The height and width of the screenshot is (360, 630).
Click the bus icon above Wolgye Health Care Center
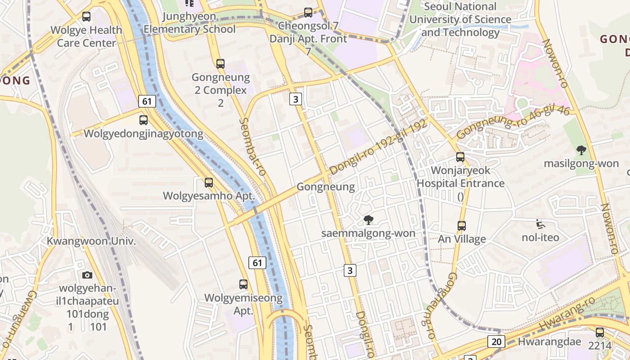pos(86,17)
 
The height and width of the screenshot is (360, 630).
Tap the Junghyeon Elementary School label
pos(189,23)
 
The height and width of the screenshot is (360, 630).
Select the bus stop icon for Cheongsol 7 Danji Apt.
pos(308,13)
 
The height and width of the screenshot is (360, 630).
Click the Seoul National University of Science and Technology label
pos(460,19)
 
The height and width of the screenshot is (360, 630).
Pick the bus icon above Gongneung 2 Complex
pos(220,64)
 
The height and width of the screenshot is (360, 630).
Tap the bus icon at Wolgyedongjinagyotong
pos(143,120)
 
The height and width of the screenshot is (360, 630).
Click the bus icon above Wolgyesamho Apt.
pos(208,183)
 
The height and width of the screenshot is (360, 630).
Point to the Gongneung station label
pos(326,187)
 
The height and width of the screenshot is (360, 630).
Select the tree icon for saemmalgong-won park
pos(369,220)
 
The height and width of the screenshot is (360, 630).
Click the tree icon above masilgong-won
pos(581,150)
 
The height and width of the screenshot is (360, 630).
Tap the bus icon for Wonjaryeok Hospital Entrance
pos(460,157)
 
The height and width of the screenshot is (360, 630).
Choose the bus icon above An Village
pos(462,225)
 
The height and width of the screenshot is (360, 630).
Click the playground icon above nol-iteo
pos(540,224)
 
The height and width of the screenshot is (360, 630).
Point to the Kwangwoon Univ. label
pos(91,241)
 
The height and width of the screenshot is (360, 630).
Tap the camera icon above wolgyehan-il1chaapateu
pos(87,275)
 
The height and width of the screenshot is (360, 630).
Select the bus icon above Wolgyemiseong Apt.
pos(243,284)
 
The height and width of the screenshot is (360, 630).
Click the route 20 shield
pos(496,342)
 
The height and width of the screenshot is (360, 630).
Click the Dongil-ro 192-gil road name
pos(378,148)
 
